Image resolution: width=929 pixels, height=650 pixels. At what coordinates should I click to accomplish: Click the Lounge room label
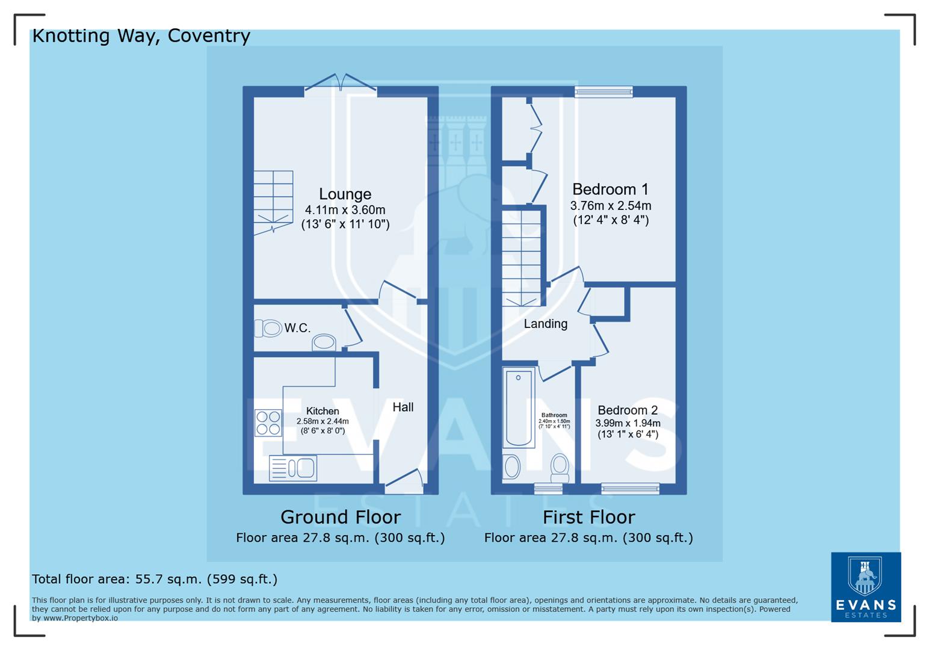click(345, 194)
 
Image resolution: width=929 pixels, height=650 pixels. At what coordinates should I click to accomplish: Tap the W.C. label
click(297, 328)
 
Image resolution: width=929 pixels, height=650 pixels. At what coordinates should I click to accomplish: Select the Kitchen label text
click(323, 411)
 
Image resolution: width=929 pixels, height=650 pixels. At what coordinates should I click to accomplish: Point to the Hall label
click(403, 407)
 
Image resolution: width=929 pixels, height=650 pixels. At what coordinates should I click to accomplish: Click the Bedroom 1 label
click(610, 190)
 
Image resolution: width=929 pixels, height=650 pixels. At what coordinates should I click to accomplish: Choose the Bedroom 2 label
click(628, 410)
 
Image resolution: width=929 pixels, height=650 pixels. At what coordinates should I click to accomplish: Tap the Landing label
click(545, 324)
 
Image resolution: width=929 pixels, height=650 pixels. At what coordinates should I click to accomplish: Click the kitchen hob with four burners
click(268, 422)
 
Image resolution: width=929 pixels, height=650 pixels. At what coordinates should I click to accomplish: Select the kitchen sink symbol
click(293, 468)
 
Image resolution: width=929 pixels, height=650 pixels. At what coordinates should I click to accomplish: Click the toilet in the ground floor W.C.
click(268, 328)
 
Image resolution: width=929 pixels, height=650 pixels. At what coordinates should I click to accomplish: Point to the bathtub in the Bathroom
click(518, 408)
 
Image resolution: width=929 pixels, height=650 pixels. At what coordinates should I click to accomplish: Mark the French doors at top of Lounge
click(341, 87)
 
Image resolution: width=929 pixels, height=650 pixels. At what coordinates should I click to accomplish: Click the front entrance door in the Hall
click(404, 481)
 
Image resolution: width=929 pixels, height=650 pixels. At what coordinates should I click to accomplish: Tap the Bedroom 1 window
click(603, 91)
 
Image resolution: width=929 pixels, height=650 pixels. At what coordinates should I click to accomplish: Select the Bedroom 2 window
click(630, 489)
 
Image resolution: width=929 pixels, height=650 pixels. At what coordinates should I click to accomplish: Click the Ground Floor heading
click(340, 517)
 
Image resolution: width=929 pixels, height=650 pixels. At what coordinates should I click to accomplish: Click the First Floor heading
click(588, 517)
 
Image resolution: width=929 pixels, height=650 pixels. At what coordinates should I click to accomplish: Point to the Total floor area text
click(155, 579)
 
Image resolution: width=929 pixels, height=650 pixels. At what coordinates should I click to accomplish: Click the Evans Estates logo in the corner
click(865, 587)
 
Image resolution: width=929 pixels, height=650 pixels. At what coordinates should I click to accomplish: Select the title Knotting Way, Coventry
click(141, 36)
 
